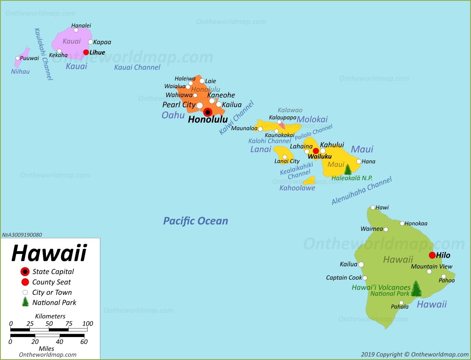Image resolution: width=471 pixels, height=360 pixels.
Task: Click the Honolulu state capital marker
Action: (x=208, y=112)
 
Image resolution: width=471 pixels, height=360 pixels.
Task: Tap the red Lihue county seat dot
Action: (x=86, y=52)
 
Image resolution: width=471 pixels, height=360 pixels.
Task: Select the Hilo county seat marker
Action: (x=432, y=255)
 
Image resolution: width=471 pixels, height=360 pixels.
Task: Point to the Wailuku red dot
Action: (x=316, y=151)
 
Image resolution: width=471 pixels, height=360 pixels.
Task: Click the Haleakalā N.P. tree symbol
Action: (x=348, y=169)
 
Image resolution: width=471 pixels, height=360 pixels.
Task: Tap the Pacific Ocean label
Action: (x=195, y=221)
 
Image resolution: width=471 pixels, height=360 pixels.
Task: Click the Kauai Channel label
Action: (x=137, y=67)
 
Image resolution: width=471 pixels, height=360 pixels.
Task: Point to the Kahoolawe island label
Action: (x=297, y=188)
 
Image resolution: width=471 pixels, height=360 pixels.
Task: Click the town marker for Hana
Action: (x=358, y=161)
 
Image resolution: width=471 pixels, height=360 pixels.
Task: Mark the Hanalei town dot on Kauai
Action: (x=76, y=30)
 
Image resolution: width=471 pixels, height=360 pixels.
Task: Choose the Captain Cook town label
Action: (x=344, y=278)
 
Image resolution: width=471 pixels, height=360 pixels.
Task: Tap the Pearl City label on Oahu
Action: (x=179, y=105)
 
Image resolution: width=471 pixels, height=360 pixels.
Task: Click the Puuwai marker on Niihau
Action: (x=18, y=58)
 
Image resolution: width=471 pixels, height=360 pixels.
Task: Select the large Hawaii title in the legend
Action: (x=49, y=253)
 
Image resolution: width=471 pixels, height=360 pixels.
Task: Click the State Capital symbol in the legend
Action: (x=25, y=272)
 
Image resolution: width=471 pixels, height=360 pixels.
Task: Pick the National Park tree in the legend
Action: (x=25, y=302)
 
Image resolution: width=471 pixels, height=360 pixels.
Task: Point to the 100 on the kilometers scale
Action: (x=87, y=324)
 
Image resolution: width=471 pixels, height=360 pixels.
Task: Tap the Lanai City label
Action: (x=287, y=161)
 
